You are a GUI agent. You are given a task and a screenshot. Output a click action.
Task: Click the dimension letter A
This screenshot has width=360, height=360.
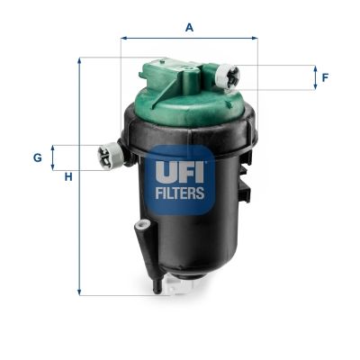point(189,27)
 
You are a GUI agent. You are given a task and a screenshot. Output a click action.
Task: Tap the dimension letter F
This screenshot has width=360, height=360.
point(325,77)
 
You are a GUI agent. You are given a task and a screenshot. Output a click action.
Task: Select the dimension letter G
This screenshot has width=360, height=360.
point(38,157)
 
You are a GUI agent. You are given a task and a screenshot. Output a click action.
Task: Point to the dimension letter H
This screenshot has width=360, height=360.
point(67,175)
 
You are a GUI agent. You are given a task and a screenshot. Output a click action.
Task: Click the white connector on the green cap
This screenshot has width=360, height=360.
point(228,76)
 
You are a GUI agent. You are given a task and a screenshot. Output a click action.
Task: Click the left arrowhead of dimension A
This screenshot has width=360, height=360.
point(123,39)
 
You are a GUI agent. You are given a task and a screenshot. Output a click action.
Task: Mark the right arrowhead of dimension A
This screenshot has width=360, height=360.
point(255,39)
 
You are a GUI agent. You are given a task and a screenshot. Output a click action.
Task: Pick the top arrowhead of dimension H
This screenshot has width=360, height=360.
point(80,61)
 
